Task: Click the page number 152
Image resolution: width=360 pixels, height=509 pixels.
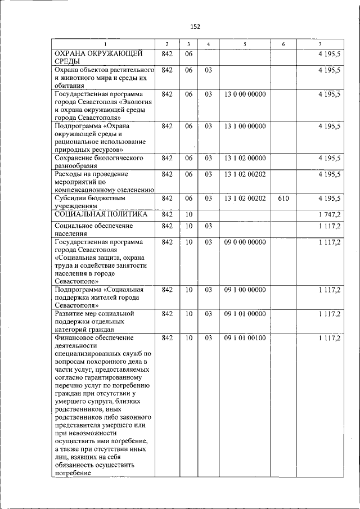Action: pos(195,26)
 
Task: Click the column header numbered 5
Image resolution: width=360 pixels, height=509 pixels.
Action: pos(245,44)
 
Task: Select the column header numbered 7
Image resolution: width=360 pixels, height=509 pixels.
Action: pos(320,44)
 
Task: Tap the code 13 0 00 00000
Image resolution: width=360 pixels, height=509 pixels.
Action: pos(245,94)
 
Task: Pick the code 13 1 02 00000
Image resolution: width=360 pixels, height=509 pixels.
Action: pos(245,158)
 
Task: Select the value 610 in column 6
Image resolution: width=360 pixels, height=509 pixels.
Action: pos(283,198)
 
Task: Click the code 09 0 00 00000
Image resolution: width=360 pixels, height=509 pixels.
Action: pos(245,242)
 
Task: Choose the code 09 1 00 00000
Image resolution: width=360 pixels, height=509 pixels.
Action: pos(245,290)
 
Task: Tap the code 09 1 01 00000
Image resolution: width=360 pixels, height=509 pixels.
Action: pos(245,313)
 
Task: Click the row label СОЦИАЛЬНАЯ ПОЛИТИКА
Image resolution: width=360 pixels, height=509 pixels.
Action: pos(101,214)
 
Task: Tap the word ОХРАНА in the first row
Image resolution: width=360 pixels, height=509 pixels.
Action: pos(71,53)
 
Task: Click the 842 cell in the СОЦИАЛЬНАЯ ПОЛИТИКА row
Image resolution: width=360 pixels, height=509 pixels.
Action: pos(166,214)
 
